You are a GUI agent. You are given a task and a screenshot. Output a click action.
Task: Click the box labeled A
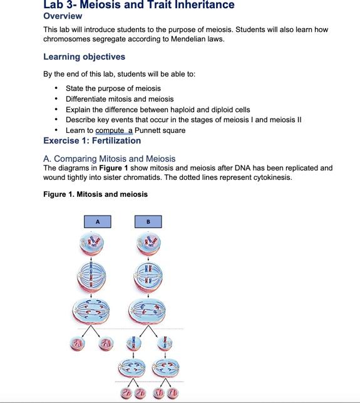(97, 222)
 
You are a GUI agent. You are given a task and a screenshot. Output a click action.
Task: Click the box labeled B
(148, 222)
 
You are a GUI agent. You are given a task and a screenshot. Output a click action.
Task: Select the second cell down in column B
(148, 276)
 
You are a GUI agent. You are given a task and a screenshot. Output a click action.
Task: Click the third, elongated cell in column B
(148, 310)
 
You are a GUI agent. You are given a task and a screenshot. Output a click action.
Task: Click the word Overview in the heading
(63, 16)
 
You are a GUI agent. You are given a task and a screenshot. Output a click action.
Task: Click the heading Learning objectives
(84, 56)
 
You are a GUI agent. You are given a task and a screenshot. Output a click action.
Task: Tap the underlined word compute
(110, 130)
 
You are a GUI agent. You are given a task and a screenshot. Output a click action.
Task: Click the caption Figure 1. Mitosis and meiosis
(95, 194)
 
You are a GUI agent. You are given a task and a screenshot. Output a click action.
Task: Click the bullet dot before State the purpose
(57, 88)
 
